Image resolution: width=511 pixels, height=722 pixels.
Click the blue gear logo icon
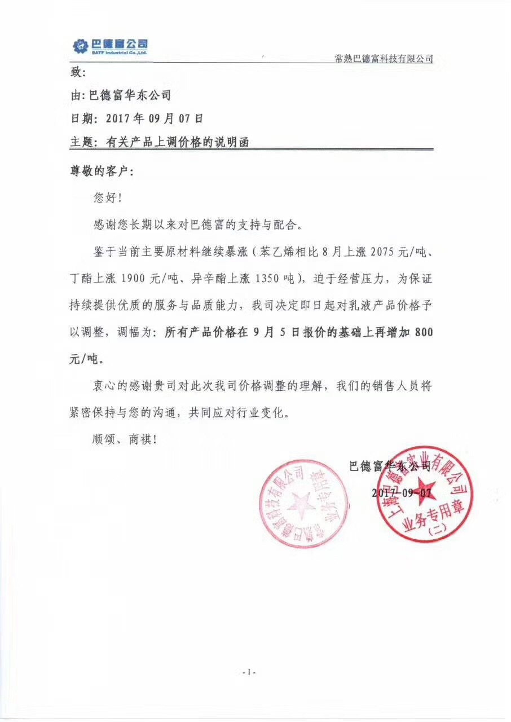pos(81,47)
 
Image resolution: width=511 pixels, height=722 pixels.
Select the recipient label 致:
pos(77,73)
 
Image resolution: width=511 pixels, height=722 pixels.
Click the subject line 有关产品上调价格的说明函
pos(177,143)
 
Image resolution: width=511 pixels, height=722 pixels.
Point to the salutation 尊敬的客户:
pos(102,171)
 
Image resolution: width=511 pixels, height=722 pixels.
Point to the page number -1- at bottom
pos(249,672)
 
